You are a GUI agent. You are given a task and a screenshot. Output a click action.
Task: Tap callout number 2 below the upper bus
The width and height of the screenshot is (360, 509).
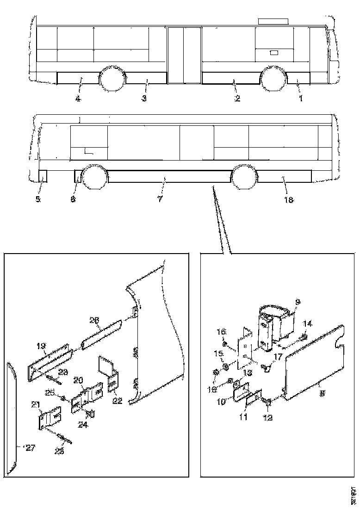[237, 99]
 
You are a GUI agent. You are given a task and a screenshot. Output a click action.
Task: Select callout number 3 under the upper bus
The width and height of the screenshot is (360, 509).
[144, 99]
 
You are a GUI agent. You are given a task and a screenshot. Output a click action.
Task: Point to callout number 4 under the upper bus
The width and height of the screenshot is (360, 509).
[78, 99]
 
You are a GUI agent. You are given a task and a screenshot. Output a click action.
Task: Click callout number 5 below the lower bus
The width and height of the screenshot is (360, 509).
[38, 200]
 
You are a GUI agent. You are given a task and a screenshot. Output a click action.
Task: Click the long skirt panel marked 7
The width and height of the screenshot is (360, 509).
[169, 176]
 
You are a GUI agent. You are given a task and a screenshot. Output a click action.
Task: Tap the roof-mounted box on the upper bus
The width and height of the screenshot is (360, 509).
[273, 21]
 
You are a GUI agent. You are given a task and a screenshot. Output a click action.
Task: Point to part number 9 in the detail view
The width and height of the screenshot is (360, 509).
[298, 302]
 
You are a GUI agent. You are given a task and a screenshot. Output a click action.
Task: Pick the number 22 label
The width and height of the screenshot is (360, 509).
[117, 401]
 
